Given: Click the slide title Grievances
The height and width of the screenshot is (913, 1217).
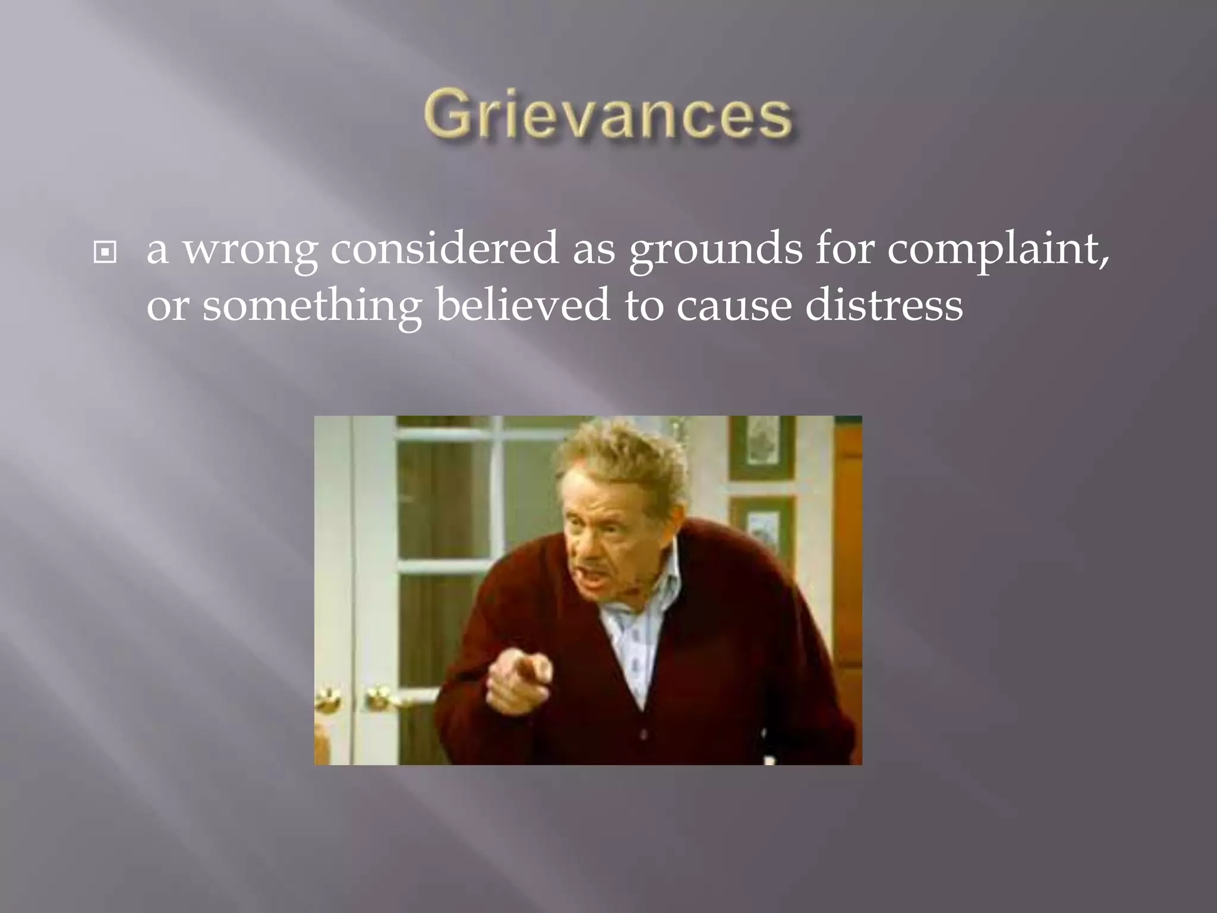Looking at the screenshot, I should point(608,115).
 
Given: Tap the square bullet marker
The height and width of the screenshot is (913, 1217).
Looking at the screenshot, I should point(105,253).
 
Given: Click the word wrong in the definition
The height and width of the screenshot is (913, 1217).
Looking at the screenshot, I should point(250,249).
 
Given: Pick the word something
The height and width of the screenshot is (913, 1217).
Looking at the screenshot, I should point(312,306).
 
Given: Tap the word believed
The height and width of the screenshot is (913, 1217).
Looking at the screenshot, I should point(523,304).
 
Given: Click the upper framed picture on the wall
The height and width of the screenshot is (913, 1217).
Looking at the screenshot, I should point(762,446).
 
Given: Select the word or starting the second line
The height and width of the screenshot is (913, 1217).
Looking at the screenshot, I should point(168,306).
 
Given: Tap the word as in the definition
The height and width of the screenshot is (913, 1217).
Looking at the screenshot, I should point(594,249).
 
